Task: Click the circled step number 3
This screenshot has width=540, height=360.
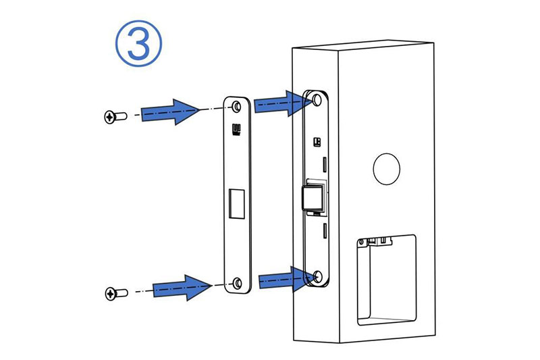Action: click(x=138, y=44)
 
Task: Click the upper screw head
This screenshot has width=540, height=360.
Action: click(x=109, y=117)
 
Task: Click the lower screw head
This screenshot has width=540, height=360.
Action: click(x=111, y=294)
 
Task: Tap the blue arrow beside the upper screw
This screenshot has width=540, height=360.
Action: click(x=171, y=111)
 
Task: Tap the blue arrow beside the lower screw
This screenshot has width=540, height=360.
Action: click(x=182, y=287)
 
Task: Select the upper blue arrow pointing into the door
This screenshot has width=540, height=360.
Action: click(x=282, y=103)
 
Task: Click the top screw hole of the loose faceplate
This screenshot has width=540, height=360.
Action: click(x=237, y=107)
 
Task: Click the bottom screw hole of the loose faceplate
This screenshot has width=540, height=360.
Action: click(x=238, y=283)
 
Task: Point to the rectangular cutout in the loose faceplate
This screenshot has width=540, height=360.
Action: click(x=237, y=203)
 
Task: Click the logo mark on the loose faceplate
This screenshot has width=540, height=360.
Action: click(x=237, y=128)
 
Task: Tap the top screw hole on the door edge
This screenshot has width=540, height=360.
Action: click(x=317, y=100)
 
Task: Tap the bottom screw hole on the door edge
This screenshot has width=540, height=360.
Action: click(x=317, y=276)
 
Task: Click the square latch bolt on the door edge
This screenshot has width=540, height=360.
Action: click(x=313, y=197)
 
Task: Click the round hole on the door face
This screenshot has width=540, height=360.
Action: click(x=386, y=169)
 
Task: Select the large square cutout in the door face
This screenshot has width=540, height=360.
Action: click(x=386, y=280)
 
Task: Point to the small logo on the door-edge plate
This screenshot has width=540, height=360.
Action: click(x=317, y=142)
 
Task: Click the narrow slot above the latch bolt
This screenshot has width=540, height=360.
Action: click(x=325, y=165)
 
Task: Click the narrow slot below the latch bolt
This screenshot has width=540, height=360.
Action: click(x=325, y=230)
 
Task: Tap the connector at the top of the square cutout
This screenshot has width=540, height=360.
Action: click(x=381, y=241)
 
